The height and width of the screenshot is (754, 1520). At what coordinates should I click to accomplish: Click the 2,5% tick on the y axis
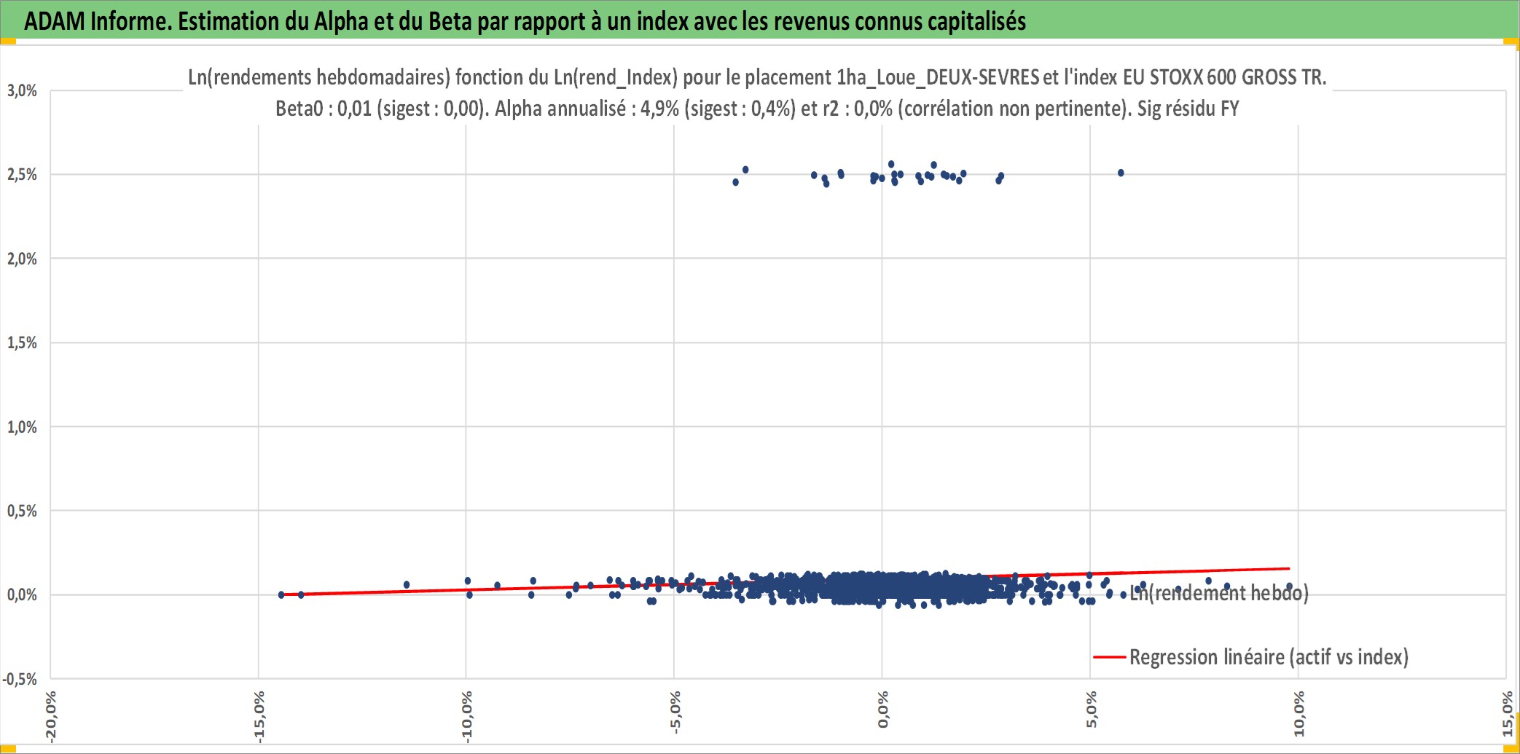[22, 175]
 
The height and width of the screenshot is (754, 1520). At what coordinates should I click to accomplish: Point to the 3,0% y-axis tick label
[22, 91]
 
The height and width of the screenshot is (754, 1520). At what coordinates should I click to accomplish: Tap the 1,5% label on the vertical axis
[22, 343]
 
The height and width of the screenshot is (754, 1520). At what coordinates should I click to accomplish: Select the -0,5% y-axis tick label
[20, 680]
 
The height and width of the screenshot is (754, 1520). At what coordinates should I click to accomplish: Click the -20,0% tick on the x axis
[50, 717]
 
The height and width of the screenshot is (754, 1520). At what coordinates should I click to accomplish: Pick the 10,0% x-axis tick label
[1298, 714]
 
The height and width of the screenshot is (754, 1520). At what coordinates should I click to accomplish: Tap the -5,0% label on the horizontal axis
[675, 712]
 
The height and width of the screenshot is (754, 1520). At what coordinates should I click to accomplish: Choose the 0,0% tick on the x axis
[883, 710]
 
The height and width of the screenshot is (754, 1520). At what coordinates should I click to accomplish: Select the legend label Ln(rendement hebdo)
[1219, 593]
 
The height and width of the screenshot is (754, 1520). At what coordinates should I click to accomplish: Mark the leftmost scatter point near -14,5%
[281, 595]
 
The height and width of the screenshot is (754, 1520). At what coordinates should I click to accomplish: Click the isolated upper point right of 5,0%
[1121, 173]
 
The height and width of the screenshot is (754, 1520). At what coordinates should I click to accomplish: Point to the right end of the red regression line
[1290, 568]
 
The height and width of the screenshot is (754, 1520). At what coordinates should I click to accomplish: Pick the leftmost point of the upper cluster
[736, 182]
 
